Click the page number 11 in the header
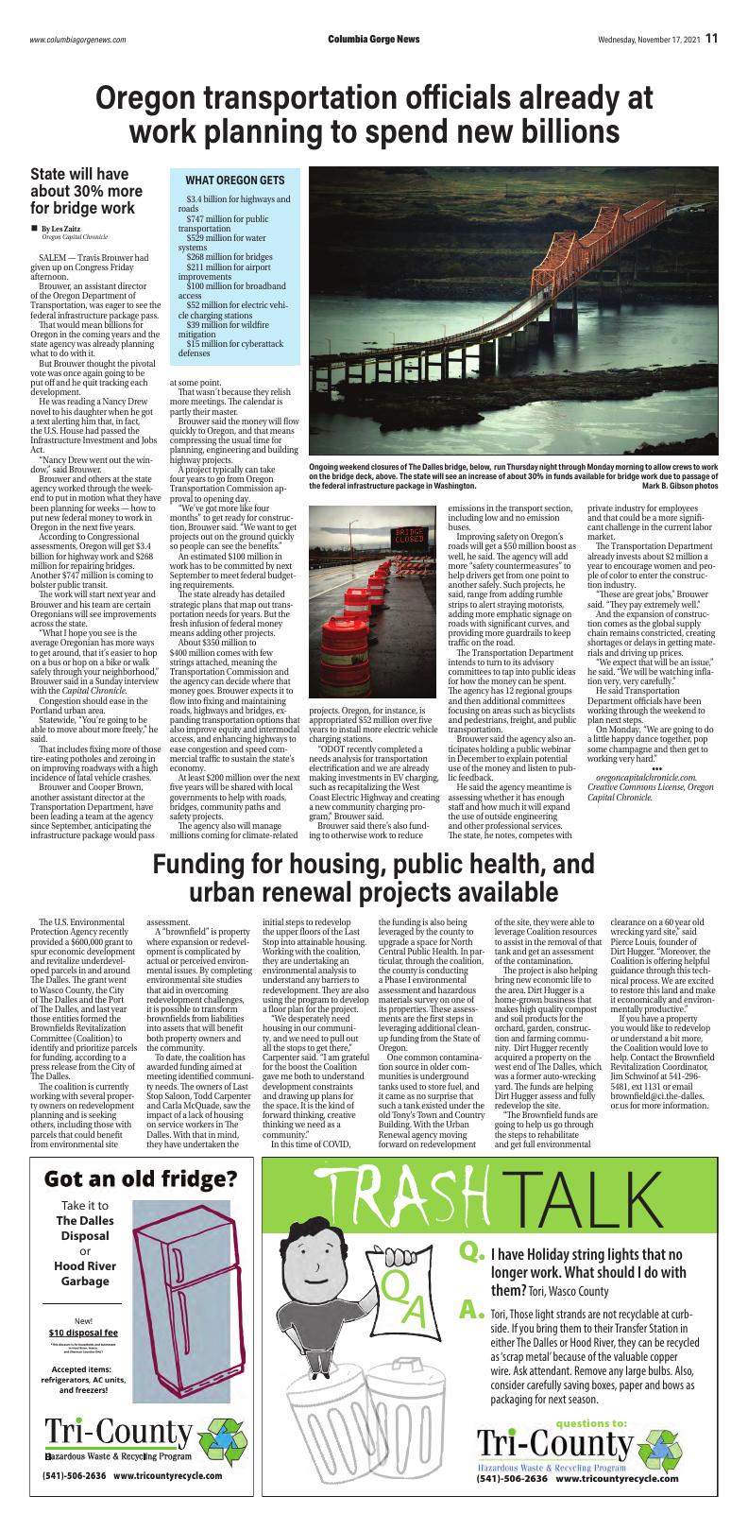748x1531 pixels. click(710, 39)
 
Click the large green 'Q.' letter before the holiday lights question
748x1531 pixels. click(471, 1253)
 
